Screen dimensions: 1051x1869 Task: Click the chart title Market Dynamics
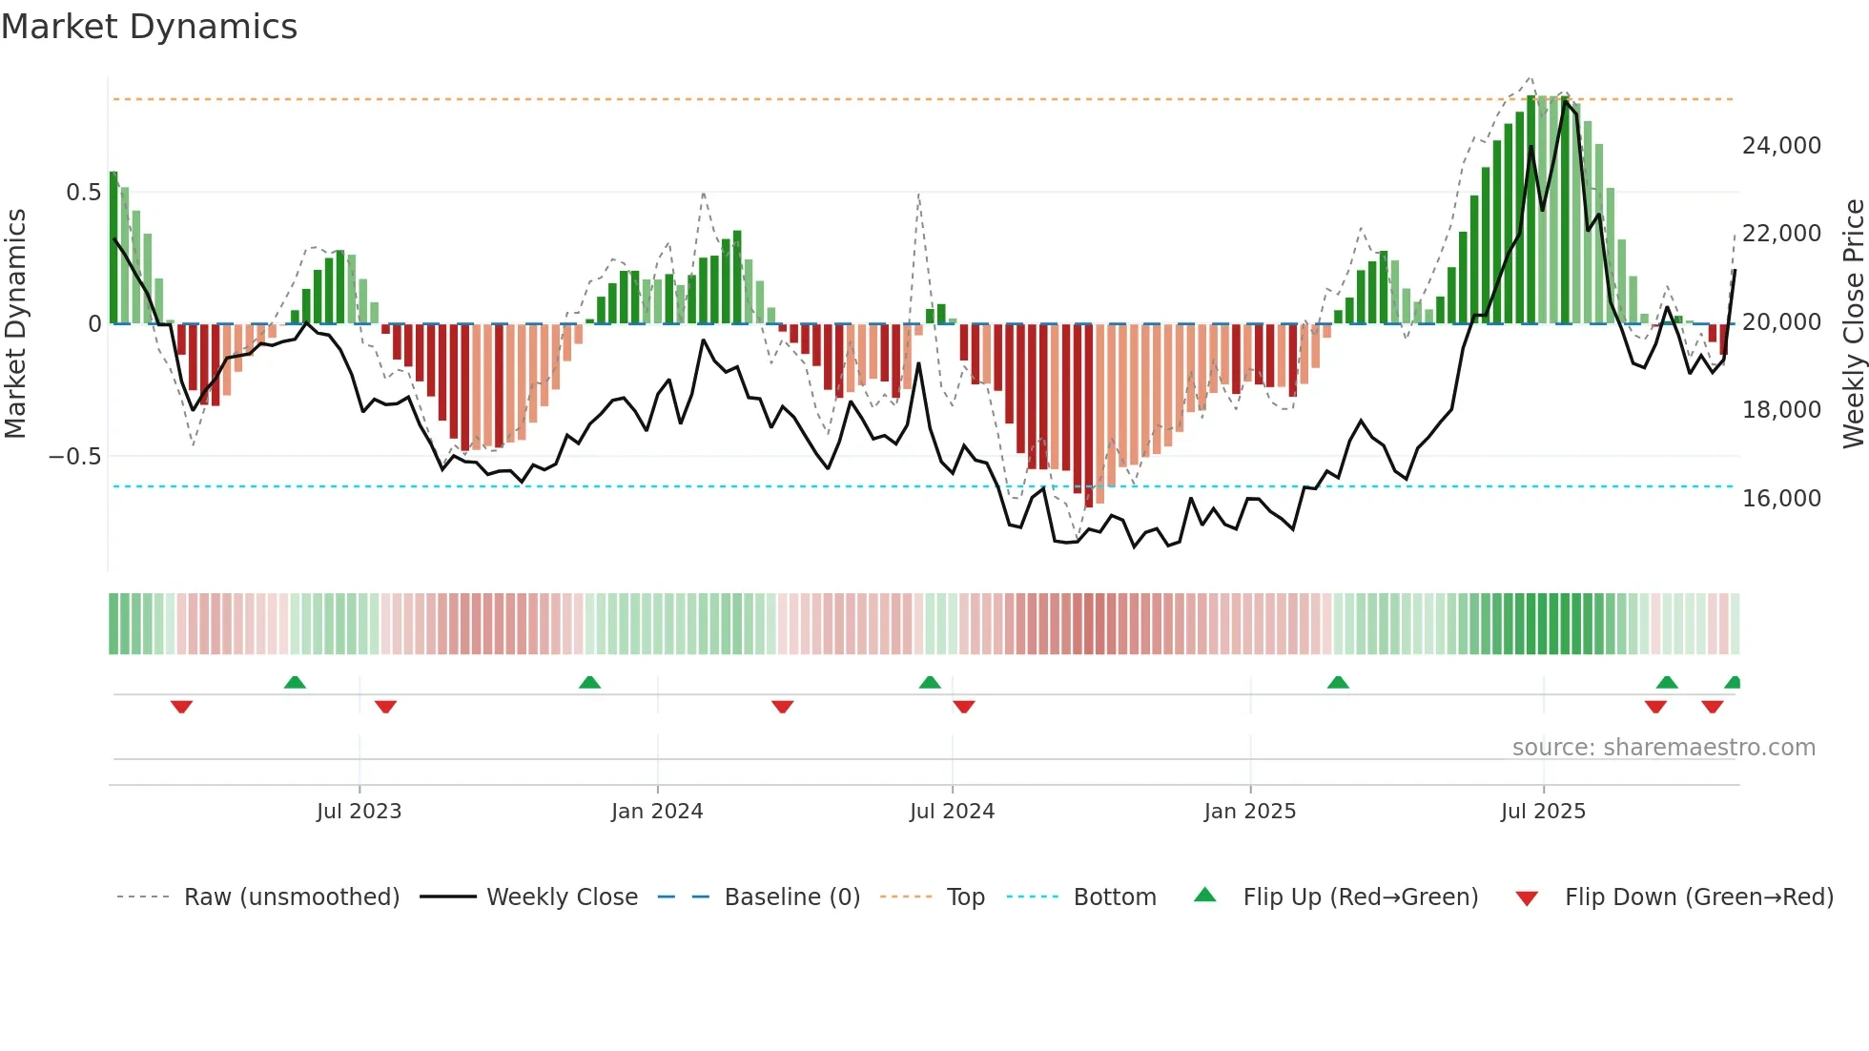click(149, 27)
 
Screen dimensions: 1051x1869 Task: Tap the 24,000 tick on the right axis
click(1780, 146)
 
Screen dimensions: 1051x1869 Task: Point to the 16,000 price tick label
click(1780, 498)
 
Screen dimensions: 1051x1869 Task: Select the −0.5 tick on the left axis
click(74, 457)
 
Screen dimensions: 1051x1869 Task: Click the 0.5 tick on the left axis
click(83, 193)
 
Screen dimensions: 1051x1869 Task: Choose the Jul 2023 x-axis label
click(359, 812)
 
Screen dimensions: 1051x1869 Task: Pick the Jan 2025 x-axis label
click(1249, 812)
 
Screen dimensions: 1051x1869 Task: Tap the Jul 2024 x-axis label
click(952, 812)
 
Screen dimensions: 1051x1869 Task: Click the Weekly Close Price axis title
click(1853, 323)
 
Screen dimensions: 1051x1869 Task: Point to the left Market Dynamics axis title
click(15, 323)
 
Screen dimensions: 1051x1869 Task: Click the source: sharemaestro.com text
click(1663, 748)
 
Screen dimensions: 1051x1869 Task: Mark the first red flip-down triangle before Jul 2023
click(181, 707)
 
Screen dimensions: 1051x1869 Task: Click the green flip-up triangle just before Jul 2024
click(930, 682)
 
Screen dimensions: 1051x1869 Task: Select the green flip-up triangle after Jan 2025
click(1338, 682)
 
